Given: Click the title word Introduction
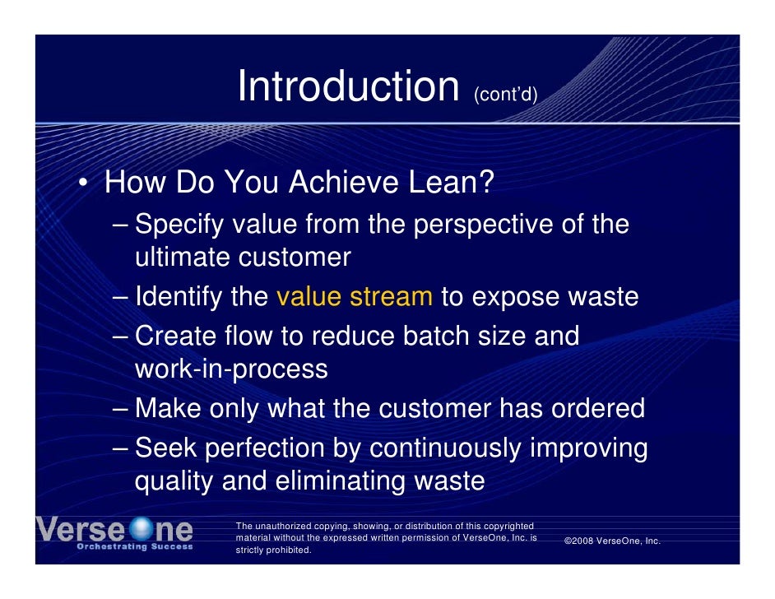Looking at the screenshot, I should [347, 86].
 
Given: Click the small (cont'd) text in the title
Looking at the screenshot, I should [504, 96].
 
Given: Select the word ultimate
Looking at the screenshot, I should [182, 258].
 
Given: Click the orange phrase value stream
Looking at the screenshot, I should [355, 296].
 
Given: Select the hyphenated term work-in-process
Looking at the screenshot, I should [231, 369].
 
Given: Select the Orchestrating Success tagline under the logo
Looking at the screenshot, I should [135, 546].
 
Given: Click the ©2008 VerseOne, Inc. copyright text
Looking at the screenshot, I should [612, 541].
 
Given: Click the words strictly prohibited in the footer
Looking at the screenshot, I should [273, 550].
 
